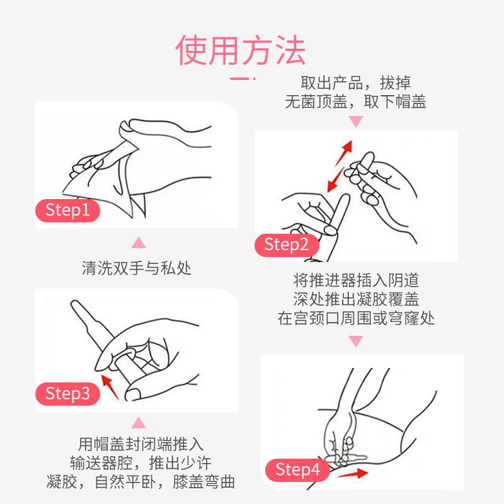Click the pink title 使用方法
(x=241, y=50)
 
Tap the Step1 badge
(x=67, y=210)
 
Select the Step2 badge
(x=287, y=245)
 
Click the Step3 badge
(x=67, y=394)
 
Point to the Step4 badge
(x=297, y=470)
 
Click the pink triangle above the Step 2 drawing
(x=356, y=122)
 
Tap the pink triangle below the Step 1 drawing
(x=139, y=243)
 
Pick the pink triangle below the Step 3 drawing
(x=139, y=423)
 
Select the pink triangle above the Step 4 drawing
(x=356, y=341)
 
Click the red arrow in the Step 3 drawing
(x=110, y=387)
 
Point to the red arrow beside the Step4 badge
(x=353, y=474)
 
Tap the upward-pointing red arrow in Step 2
(x=344, y=153)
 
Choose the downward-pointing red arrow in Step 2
(x=336, y=180)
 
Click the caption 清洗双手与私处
(x=137, y=268)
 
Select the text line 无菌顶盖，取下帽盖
(x=355, y=102)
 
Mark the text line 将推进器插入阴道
(x=356, y=280)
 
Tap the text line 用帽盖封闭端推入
(x=140, y=444)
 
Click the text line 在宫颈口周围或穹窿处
(x=356, y=318)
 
